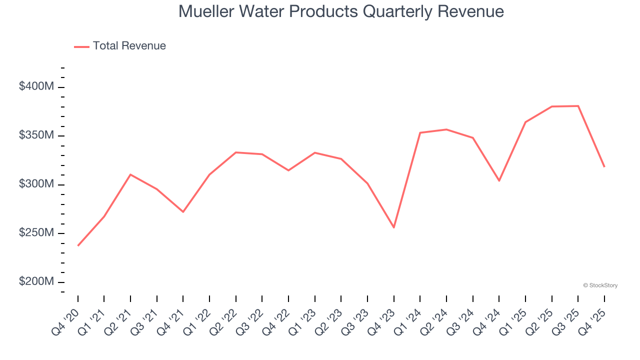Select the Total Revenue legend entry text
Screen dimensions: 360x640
(129, 46)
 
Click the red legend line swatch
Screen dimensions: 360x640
(81, 46)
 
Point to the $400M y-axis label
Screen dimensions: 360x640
(36, 86)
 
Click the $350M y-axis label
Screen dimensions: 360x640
(36, 135)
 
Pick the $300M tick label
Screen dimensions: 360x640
(36, 184)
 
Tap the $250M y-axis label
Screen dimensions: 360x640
(36, 233)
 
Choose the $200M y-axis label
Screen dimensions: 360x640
(36, 281)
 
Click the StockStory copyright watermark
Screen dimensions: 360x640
(600, 285)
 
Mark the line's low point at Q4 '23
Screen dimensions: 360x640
(394, 227)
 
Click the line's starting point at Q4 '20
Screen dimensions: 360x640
(78, 245)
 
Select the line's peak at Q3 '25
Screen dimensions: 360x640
(578, 106)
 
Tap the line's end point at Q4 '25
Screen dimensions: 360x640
(604, 166)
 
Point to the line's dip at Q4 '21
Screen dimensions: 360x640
(183, 211)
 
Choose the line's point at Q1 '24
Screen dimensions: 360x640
(420, 132)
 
